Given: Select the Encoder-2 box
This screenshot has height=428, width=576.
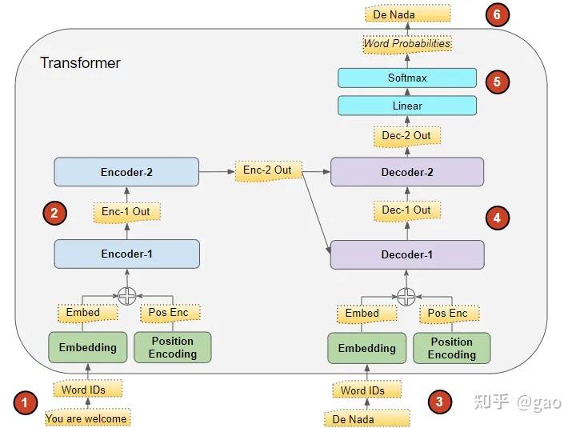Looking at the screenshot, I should [x=126, y=172].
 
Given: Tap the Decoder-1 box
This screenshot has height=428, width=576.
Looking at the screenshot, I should [x=407, y=254].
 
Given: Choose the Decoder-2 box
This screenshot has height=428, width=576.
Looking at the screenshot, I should [x=407, y=172].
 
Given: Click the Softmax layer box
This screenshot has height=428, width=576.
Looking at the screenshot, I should [x=407, y=78].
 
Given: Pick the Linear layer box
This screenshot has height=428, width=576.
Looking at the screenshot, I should [x=407, y=106].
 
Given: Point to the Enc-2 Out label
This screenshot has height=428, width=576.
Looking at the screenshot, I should [x=267, y=170].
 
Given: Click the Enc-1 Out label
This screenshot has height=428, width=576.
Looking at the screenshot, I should [x=126, y=211].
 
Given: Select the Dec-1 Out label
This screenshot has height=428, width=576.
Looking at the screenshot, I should [x=406, y=210].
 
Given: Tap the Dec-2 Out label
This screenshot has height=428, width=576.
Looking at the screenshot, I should [x=406, y=135].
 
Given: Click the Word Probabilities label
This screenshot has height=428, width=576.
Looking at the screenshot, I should [x=407, y=44].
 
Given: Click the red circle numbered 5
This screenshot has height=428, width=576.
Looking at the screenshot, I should [x=497, y=81].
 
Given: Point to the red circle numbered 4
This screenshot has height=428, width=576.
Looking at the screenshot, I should [x=497, y=217].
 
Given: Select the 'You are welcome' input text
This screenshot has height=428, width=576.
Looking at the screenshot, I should [x=86, y=418].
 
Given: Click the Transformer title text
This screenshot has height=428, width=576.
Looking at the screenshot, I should [x=80, y=62].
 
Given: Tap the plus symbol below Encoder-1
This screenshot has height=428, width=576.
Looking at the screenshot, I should [x=126, y=296].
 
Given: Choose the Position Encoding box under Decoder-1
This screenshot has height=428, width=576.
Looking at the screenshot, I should [x=451, y=348].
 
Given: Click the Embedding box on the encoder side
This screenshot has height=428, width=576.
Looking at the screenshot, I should [x=87, y=347].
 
